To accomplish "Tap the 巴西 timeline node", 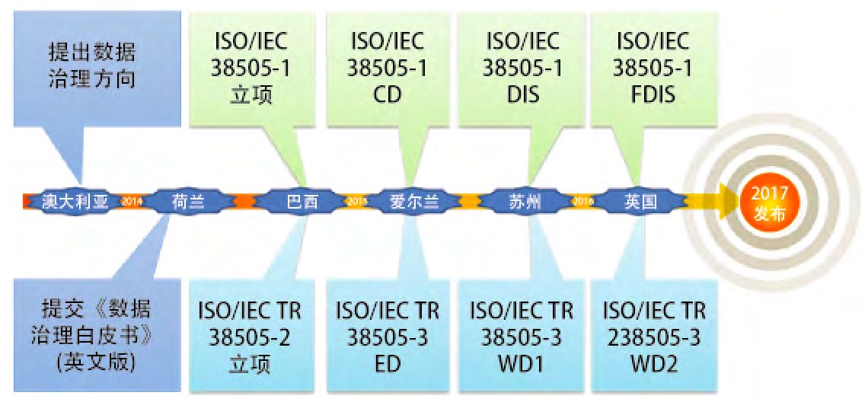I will point(297,201).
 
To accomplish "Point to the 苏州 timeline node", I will point(525,201).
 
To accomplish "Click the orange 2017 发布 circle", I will point(769,203).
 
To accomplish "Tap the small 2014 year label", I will point(132,201).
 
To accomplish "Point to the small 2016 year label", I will point(582,201).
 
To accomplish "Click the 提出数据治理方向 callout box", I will point(89,66).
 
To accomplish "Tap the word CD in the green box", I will point(387,95).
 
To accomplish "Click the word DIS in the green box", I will point(522,95).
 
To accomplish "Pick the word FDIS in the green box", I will point(653,95).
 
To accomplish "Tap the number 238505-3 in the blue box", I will point(654,337).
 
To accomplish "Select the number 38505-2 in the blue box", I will point(251,337).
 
